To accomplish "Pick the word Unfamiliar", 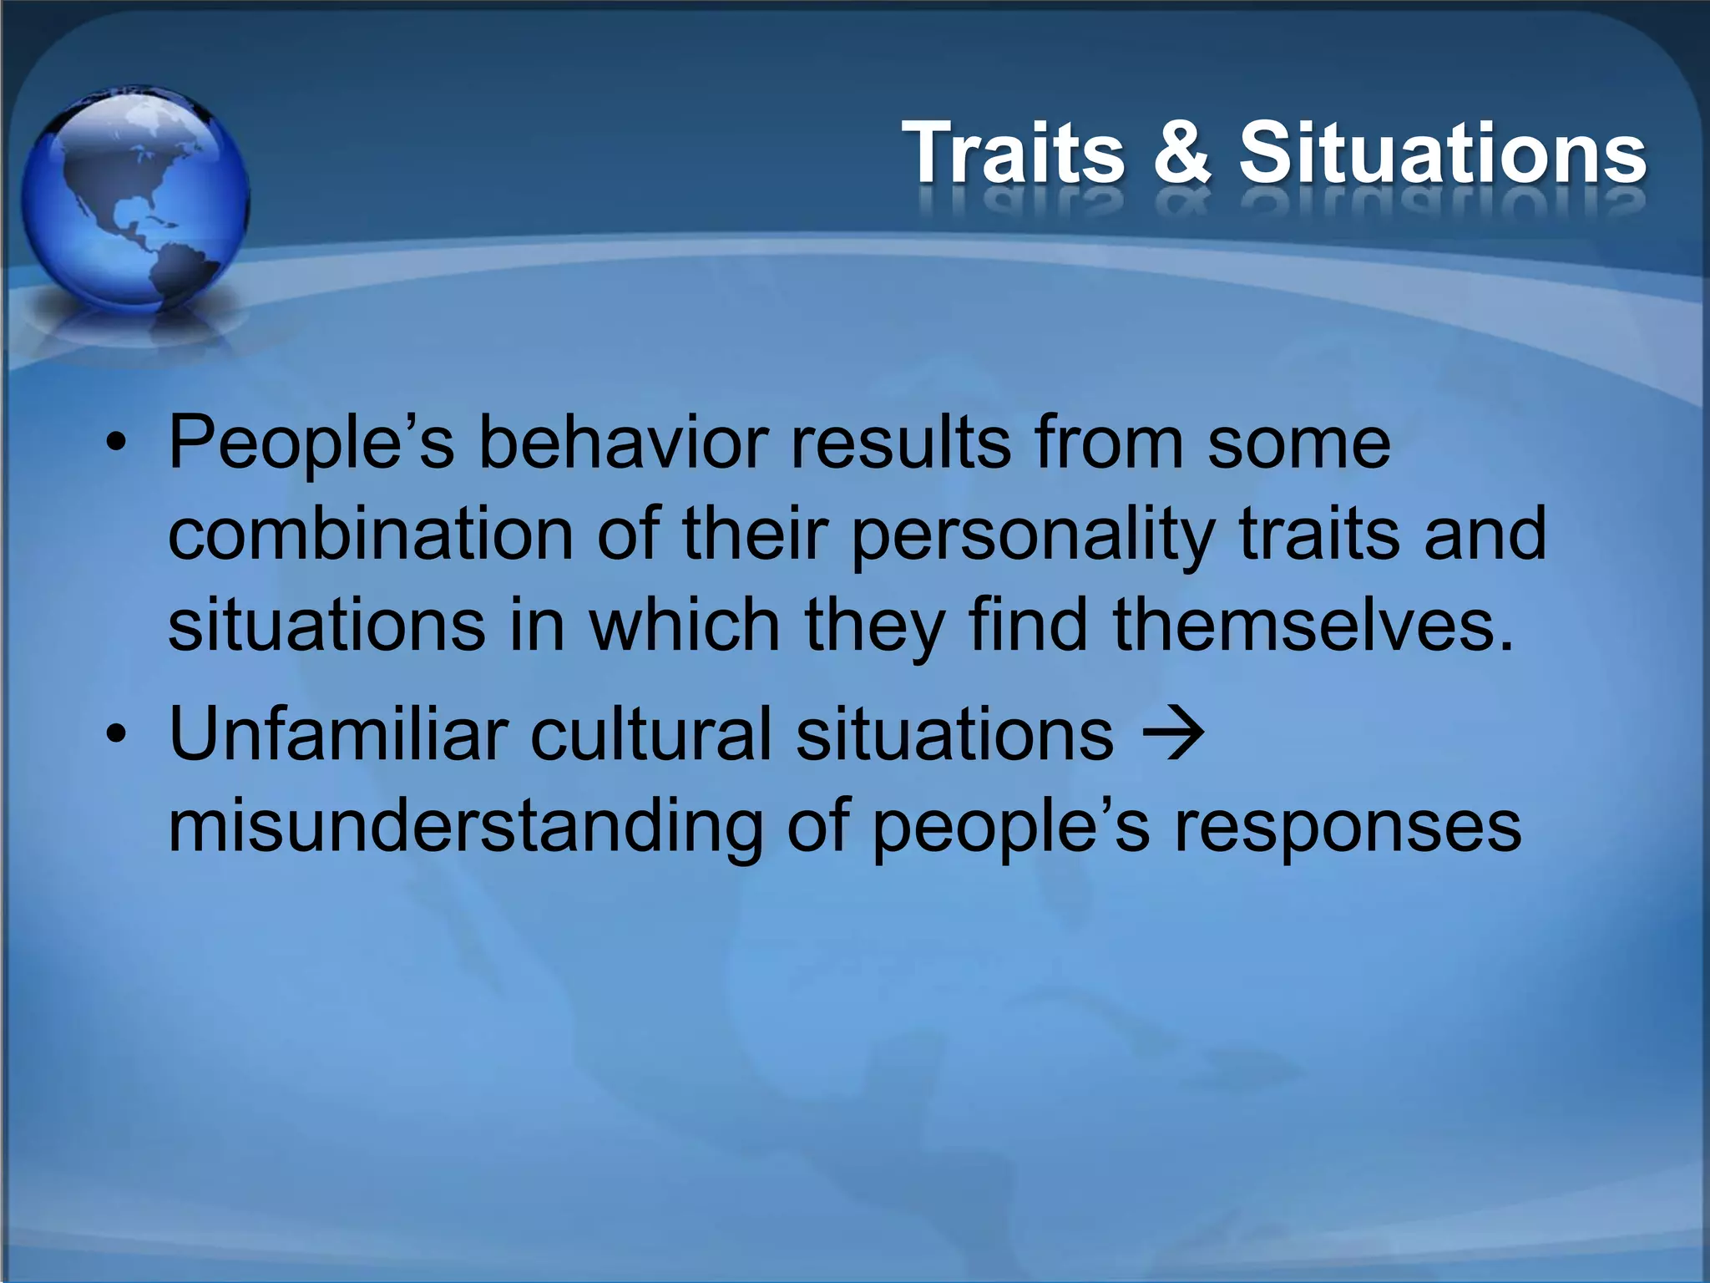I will (x=338, y=734).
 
